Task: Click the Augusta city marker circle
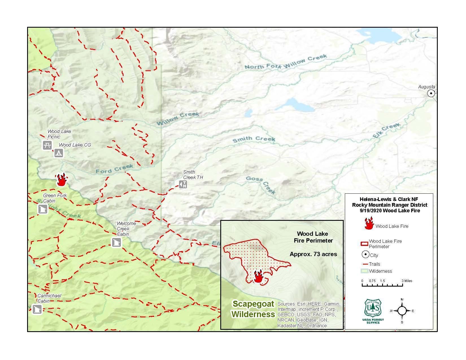431,93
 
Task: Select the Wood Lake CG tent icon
59,153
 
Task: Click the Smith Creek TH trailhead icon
183,184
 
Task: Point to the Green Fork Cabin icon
43,209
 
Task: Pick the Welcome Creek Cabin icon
116,243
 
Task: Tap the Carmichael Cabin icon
37,309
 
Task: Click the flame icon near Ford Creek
61,180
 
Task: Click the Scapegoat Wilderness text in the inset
253,309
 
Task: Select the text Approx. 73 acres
313,254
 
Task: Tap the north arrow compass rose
402,311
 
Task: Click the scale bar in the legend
382,285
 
